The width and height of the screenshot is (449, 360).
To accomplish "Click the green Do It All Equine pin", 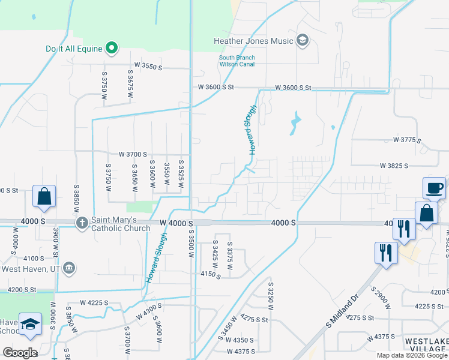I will pyautogui.click(x=111, y=47).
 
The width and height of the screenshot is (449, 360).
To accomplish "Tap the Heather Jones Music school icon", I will pyautogui.click(x=303, y=41).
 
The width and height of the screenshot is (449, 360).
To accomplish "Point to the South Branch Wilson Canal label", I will pyautogui.click(x=237, y=61).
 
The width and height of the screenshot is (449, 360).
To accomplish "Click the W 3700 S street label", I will pyautogui.click(x=133, y=154).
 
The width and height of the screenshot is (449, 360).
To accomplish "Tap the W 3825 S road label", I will pyautogui.click(x=394, y=166).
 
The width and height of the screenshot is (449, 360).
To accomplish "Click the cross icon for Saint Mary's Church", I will pyautogui.click(x=82, y=223).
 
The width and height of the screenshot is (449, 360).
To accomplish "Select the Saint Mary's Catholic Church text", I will pyautogui.click(x=121, y=224).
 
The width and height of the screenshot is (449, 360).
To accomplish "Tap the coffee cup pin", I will pyautogui.click(x=434, y=188).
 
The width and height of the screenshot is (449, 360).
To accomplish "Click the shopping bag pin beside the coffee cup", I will pyautogui.click(x=426, y=213).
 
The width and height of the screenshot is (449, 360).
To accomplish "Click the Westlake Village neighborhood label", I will pyautogui.click(x=426, y=345).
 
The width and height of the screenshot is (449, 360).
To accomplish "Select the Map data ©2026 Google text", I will pyautogui.click(x=412, y=355).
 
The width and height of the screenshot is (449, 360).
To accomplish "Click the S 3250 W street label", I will pyautogui.click(x=271, y=296).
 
